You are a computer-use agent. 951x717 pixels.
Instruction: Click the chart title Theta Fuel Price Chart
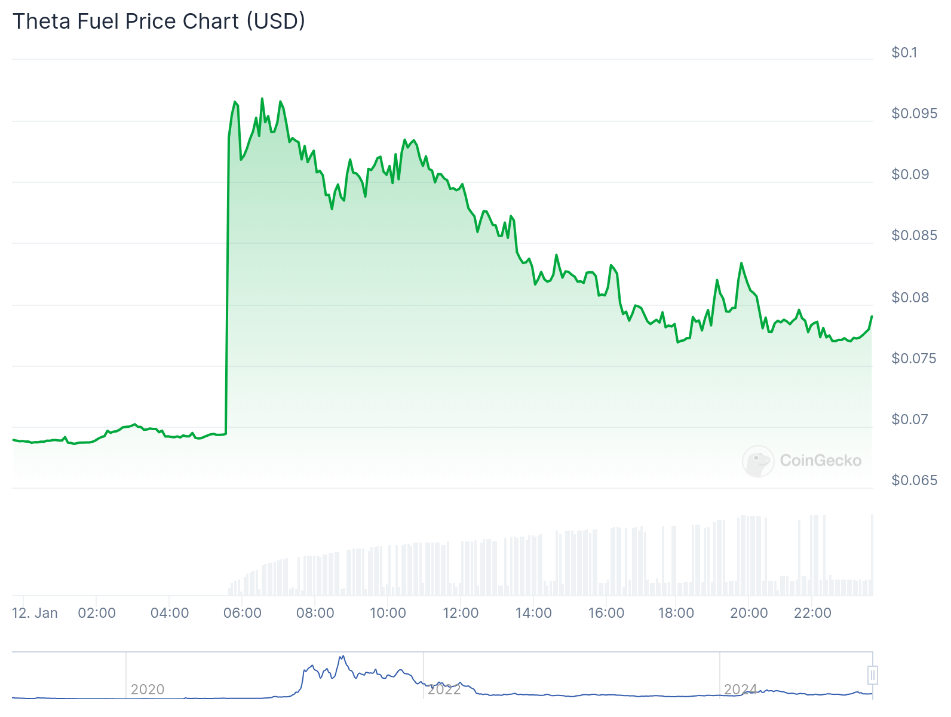click(159, 22)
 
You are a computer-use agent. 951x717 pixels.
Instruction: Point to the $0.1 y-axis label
click(904, 53)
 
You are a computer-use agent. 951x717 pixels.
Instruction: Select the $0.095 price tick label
click(914, 114)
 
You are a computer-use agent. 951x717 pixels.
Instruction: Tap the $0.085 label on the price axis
click(914, 235)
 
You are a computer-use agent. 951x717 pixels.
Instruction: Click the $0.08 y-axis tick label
click(910, 298)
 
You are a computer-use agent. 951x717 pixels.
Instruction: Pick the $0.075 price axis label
click(914, 358)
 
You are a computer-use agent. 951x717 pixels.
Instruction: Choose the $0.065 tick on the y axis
click(914, 480)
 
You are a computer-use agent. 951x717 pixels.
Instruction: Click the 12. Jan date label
click(35, 613)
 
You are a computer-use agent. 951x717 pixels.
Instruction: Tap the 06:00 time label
click(242, 613)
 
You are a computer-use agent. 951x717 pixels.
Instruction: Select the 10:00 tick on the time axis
click(388, 613)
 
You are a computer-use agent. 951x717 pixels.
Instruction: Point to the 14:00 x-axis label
click(533, 613)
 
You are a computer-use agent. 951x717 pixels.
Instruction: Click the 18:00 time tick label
click(676, 613)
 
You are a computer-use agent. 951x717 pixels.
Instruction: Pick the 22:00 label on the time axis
click(812, 613)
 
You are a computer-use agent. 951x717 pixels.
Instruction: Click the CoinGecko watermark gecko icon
click(758, 461)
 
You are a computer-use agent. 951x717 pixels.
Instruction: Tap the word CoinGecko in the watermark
click(821, 461)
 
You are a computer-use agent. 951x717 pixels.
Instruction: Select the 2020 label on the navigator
click(148, 690)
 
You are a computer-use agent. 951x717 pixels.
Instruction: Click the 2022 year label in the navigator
click(444, 690)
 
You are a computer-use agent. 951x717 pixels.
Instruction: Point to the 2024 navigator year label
click(741, 690)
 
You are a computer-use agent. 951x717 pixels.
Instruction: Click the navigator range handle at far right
click(873, 675)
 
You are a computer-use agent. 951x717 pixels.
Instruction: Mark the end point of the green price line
click(872, 316)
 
